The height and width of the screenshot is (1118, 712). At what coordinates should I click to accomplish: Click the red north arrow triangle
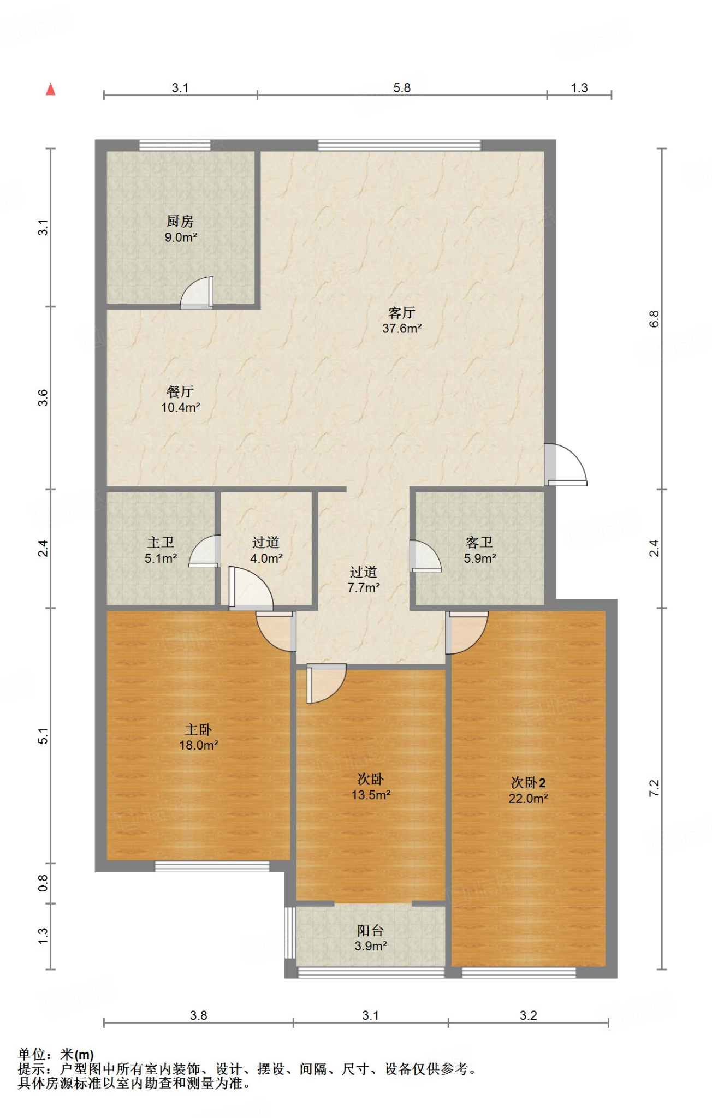coord(51,90)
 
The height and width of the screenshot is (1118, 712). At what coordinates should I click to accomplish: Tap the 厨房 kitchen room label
coord(180,221)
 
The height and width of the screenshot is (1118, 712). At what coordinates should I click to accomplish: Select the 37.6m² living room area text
coord(402,329)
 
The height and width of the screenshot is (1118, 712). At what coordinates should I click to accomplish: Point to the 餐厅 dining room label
coord(180,392)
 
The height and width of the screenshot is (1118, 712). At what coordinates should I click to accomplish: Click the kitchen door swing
coord(197,293)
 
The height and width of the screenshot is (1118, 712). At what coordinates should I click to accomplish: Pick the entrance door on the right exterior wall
coord(566,465)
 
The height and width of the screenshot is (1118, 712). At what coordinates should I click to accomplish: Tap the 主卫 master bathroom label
coord(161,542)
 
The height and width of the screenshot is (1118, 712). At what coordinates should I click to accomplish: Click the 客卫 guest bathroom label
coord(479,542)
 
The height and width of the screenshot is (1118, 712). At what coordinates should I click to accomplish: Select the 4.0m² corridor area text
coord(266,558)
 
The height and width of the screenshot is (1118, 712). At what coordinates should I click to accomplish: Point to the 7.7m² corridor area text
coord(364,588)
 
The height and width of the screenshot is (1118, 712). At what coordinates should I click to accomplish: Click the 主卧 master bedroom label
coord(198,730)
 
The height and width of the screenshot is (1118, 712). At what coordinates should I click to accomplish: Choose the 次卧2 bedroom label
coord(528,783)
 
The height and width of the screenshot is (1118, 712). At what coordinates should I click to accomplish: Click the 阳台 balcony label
coord(371,931)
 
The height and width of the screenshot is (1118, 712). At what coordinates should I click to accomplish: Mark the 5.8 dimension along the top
coord(402,88)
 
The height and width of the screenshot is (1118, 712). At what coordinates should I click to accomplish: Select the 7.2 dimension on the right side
coord(654,788)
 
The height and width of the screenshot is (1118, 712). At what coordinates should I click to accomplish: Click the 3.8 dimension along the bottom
coord(198,1015)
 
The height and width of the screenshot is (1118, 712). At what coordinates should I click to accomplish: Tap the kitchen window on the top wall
coord(175,145)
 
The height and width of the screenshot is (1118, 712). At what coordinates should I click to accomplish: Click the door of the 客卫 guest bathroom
coord(425,556)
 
